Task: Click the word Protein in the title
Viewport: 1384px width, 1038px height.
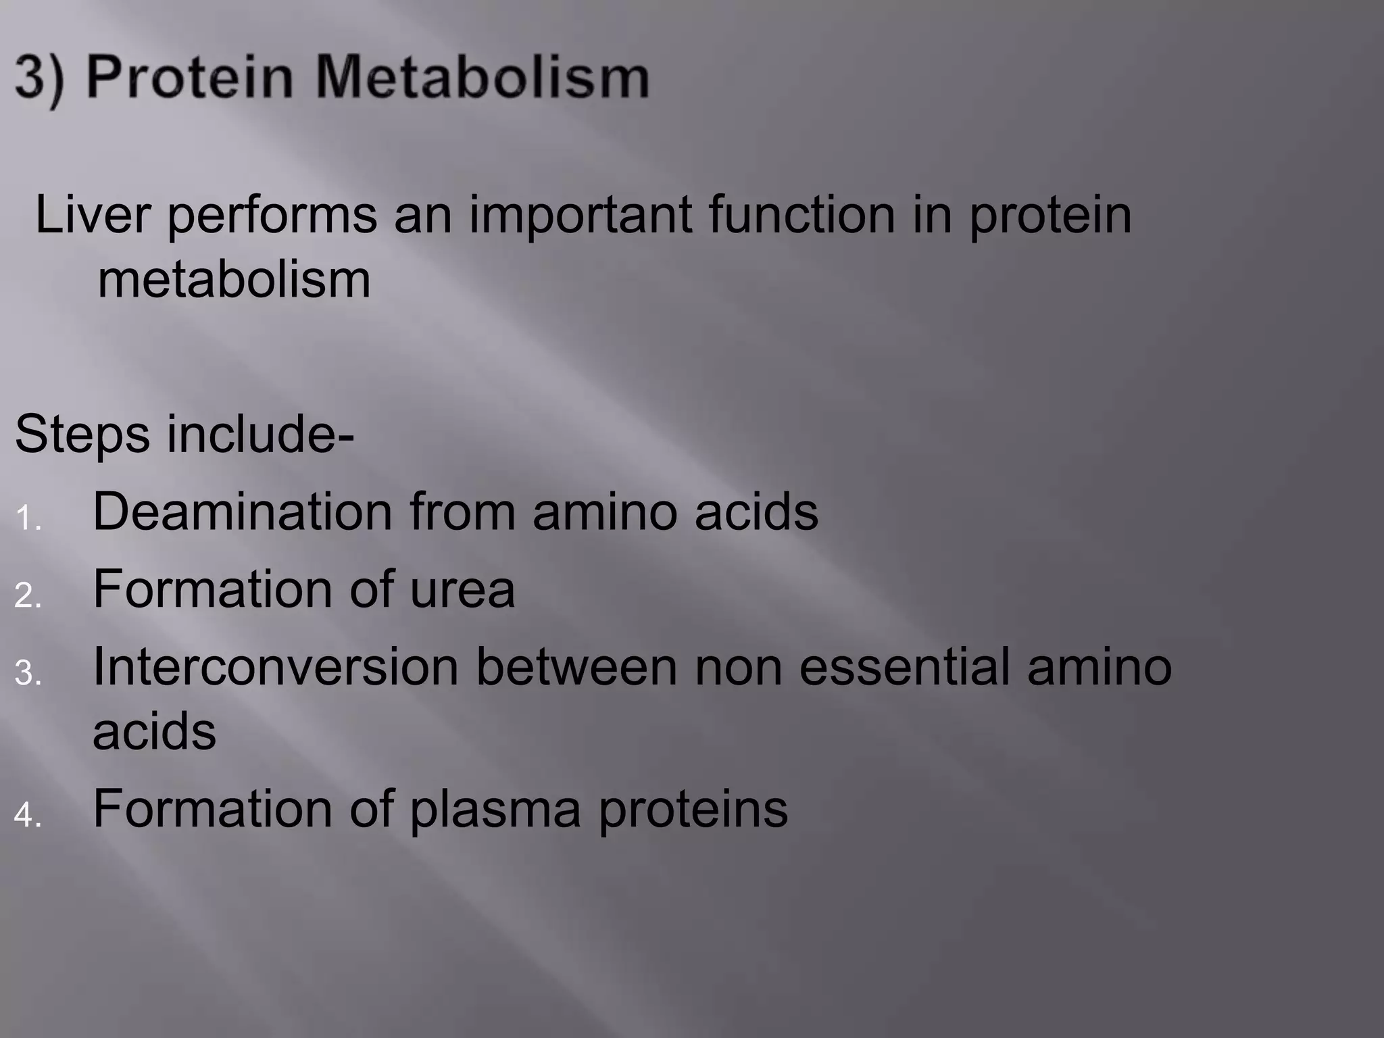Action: pos(190,78)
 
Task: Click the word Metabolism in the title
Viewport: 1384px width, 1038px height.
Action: pos(481,78)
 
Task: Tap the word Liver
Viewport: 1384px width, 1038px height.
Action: pos(92,215)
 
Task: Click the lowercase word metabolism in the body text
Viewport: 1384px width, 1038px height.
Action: pos(234,279)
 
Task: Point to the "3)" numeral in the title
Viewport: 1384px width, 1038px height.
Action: pos(39,79)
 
